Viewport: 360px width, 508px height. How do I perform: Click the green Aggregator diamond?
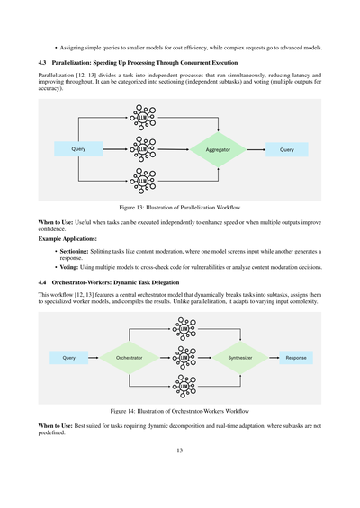[x=218, y=150]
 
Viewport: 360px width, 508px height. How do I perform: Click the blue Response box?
[x=296, y=358]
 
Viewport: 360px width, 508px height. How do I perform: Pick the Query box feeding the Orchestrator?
[x=68, y=358]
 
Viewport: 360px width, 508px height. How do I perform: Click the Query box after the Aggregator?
[x=286, y=150]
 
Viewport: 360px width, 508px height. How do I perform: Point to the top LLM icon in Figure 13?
[x=139, y=117]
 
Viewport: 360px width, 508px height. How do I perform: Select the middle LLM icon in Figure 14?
[x=184, y=358]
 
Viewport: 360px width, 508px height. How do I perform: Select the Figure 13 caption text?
[x=179, y=206]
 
